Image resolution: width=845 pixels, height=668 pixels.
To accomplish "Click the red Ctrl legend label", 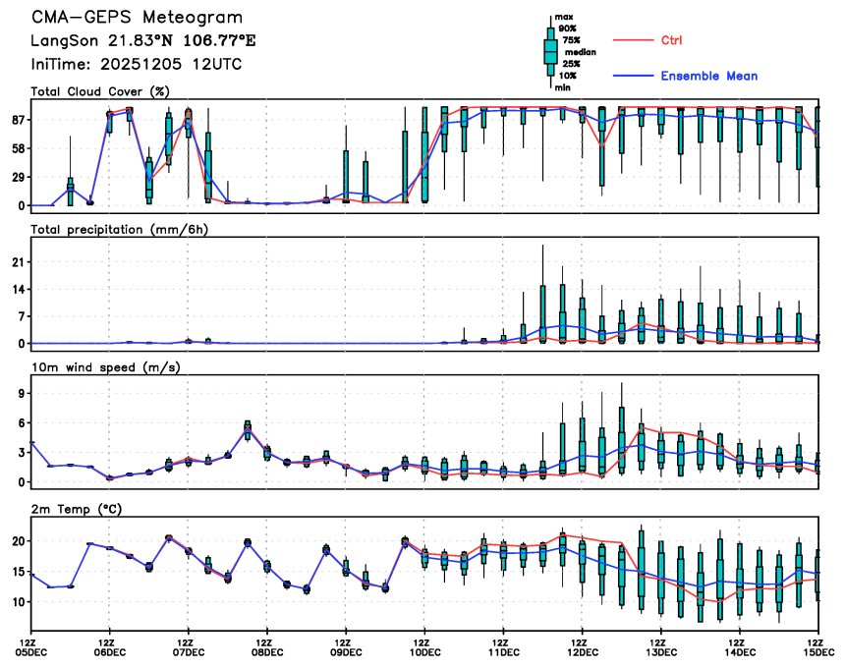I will [x=671, y=40].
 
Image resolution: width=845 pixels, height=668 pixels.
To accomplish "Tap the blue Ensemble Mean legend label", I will [x=708, y=76].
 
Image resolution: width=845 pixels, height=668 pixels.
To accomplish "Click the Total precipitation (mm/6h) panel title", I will [x=120, y=230].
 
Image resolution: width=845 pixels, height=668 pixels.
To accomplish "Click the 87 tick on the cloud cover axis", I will [x=18, y=120].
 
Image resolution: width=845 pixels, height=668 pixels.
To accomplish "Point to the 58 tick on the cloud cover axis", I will [x=18, y=148].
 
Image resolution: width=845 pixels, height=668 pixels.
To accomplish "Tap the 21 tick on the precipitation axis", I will [x=18, y=262].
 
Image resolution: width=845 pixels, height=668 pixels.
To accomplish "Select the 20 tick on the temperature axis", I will [x=18, y=541].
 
